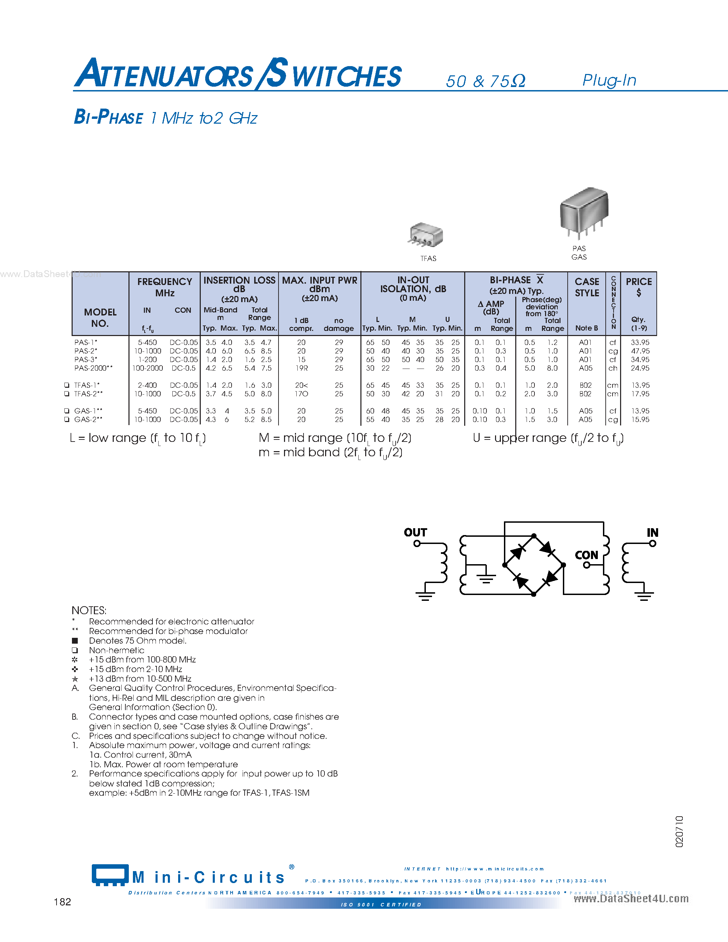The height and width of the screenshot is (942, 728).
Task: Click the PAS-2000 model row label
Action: tap(93, 368)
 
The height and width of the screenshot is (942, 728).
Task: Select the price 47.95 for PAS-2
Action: tap(640, 351)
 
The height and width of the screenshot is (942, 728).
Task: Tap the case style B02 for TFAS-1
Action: tap(585, 385)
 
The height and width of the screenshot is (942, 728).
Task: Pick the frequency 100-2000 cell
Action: tap(148, 368)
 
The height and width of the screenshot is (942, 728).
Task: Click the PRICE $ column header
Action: tap(639, 287)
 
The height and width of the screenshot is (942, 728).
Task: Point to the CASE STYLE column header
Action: tap(587, 287)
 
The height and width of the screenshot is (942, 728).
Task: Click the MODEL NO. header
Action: tap(100, 318)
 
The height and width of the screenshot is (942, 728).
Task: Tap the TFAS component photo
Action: tap(426, 235)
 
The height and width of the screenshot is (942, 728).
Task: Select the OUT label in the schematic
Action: tap(415, 533)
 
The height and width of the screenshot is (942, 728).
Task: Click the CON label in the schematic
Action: tap(587, 555)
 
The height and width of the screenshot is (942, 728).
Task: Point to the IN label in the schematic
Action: tap(652, 533)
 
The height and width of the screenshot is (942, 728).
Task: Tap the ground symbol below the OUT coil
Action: tap(425, 596)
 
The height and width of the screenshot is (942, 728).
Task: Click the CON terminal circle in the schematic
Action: tap(587, 565)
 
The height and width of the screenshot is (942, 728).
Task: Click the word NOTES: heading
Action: tap(89, 610)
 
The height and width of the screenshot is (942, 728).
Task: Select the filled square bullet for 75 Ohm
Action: tap(75, 641)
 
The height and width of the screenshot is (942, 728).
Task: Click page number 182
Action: tap(63, 902)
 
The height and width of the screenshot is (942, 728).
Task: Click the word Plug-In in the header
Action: tap(609, 80)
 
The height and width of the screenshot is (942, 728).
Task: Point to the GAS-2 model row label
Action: tap(88, 420)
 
